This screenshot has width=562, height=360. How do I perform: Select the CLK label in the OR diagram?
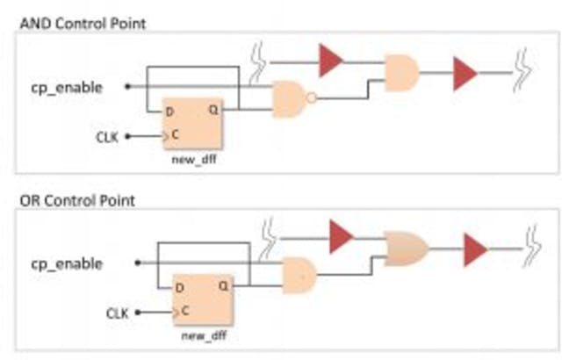(x=118, y=312)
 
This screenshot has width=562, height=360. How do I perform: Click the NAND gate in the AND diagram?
(x=290, y=99)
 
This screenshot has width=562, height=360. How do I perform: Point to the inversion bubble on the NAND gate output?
(x=312, y=99)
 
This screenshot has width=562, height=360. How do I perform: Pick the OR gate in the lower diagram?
(x=407, y=249)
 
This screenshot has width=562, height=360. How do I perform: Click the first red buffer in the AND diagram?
(x=331, y=61)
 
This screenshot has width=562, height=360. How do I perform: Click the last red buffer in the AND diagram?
(x=464, y=74)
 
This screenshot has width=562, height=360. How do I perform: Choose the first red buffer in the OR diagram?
(x=341, y=236)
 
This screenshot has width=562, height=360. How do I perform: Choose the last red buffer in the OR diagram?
(x=474, y=249)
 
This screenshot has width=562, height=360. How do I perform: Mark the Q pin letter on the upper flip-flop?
(x=212, y=110)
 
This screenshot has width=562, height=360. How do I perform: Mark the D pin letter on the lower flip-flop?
(x=179, y=287)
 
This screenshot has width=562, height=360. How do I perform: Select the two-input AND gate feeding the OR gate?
(x=299, y=275)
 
